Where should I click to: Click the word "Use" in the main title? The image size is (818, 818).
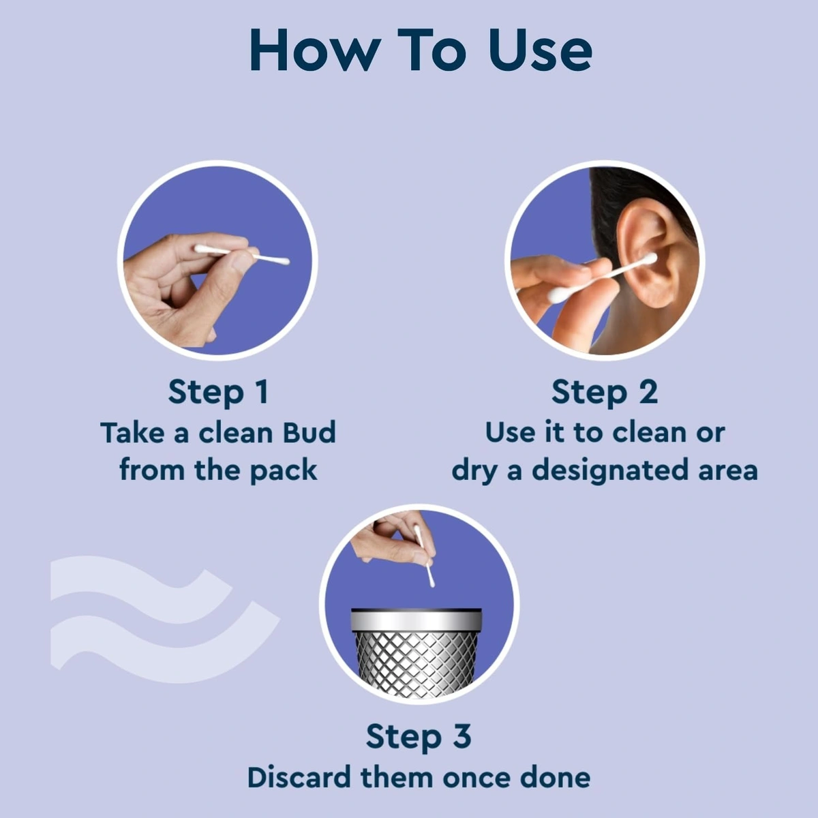click(x=540, y=51)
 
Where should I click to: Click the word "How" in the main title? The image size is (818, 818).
click(x=315, y=51)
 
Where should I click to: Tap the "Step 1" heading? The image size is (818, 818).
click(x=218, y=392)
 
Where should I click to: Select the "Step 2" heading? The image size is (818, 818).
click(x=605, y=392)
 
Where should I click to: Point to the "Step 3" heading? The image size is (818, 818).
click(x=419, y=737)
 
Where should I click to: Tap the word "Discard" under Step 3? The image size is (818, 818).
click(x=299, y=778)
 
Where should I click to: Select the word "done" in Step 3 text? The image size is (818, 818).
click(x=555, y=778)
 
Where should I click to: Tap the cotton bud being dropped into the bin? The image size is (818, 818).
click(x=424, y=556)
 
